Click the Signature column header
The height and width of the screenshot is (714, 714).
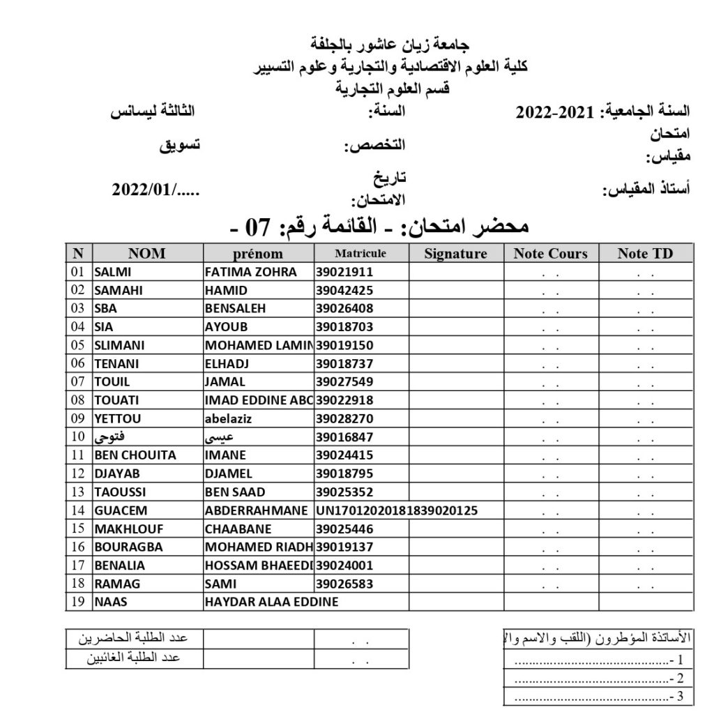point(455,254)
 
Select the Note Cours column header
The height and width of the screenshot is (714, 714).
point(550,254)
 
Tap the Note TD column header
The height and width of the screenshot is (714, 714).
point(645,254)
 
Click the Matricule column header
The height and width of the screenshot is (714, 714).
point(360,254)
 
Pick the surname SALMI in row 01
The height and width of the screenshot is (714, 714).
point(112,272)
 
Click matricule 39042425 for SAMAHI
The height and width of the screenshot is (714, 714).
point(344,290)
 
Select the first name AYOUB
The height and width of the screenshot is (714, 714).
point(226,326)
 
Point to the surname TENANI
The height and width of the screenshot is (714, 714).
point(115,363)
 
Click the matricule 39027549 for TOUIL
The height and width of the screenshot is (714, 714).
point(344,381)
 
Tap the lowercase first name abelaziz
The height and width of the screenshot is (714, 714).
point(232,418)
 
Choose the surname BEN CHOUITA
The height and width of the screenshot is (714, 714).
point(135,455)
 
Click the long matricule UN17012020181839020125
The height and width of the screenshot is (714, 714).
point(396,510)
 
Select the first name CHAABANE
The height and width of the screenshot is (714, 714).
point(238,528)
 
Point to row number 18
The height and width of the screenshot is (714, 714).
point(77,583)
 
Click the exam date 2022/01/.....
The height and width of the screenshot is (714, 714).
point(154,188)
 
